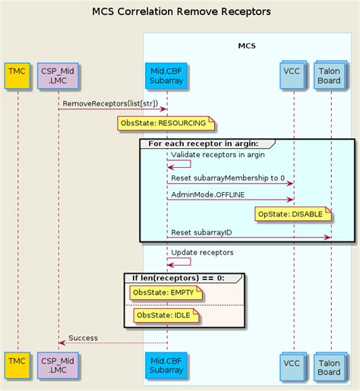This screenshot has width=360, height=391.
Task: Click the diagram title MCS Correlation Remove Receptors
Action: [182, 11]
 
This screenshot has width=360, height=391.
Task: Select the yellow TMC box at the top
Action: [17, 76]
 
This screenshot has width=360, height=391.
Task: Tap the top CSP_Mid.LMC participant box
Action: [58, 76]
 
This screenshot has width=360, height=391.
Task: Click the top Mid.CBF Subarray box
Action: [166, 76]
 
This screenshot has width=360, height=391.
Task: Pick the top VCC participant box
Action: [293, 75]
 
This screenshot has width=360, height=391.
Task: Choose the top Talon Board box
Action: [330, 75]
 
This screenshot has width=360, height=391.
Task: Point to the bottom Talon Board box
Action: [330, 367]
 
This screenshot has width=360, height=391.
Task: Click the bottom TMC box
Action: [17, 365]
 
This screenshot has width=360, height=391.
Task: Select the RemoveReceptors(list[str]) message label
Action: [110, 103]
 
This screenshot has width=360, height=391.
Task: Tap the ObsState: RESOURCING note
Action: [166, 124]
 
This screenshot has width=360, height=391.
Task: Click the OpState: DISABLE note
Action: [293, 214]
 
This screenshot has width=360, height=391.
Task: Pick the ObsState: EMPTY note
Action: [166, 292]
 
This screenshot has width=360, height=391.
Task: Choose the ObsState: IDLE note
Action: [166, 315]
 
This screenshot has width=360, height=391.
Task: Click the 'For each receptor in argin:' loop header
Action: [204, 143]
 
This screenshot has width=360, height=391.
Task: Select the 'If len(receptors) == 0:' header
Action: [178, 278]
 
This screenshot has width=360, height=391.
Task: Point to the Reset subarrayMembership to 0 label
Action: [228, 178]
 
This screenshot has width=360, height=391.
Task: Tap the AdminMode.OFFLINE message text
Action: [208, 194]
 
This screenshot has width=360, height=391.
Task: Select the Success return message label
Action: [83, 338]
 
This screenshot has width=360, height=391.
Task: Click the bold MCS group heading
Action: [247, 46]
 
